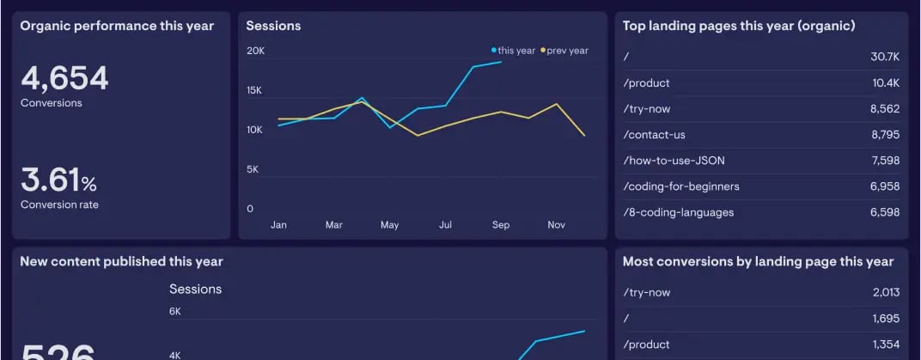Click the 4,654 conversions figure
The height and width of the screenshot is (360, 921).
coord(64,79)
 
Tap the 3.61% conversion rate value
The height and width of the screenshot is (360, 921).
coord(58,181)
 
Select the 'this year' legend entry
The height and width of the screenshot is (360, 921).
coord(515,51)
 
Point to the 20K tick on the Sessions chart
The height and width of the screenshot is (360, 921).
coord(255,51)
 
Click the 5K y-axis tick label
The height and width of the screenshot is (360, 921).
coord(253,169)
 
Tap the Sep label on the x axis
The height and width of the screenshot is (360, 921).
coord(501,225)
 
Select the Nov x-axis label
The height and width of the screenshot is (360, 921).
coord(556,225)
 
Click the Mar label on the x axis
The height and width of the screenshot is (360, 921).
coord(334,225)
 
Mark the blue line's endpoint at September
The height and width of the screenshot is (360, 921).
coord(501,62)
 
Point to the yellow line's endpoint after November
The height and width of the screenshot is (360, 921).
coord(584,135)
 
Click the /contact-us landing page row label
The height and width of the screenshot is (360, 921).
coord(654,135)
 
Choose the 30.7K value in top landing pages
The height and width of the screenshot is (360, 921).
coord(884,57)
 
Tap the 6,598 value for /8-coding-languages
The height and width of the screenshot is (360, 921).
coord(884,212)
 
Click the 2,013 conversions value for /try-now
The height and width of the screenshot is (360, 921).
coord(885,292)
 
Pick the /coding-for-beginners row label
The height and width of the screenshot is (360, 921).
coord(680,186)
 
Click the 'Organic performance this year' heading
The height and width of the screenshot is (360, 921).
coord(117,26)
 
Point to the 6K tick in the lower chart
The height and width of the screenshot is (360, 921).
coord(175,311)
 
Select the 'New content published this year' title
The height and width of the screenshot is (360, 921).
coord(121,261)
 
